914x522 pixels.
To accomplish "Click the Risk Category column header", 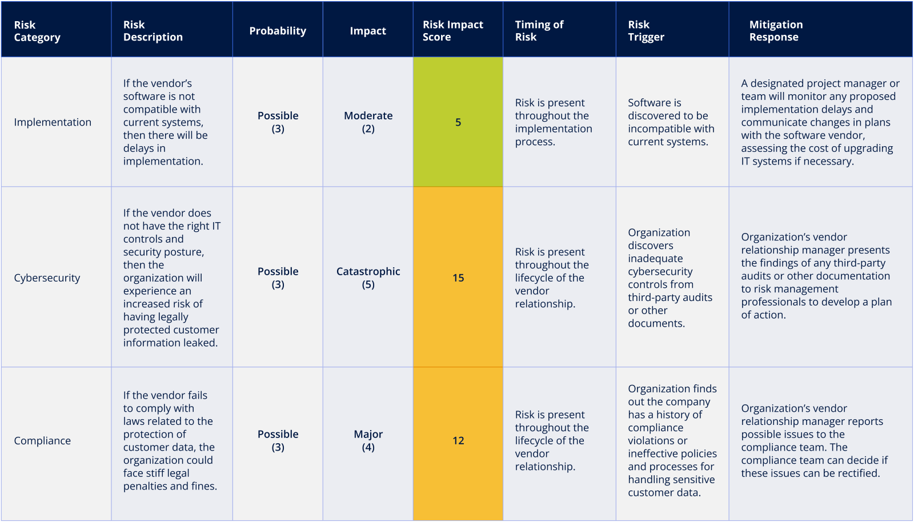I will pyautogui.click(x=37, y=31).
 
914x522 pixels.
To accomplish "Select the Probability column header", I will pyautogui.click(x=278, y=31).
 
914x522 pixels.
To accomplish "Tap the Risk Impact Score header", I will pyautogui.click(x=452, y=31).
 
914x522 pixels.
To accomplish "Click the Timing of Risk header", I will pyautogui.click(x=539, y=31).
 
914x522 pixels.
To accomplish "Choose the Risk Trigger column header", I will pyautogui.click(x=646, y=31).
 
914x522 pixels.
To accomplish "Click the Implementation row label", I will pyautogui.click(x=53, y=122).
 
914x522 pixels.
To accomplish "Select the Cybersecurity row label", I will pyautogui.click(x=47, y=278).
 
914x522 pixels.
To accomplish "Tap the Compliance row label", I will pyautogui.click(x=42, y=441).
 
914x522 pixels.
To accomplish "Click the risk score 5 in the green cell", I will pyautogui.click(x=458, y=122).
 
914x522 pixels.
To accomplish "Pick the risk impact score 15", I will pyautogui.click(x=458, y=278).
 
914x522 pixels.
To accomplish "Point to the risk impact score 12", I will pyautogui.click(x=458, y=441).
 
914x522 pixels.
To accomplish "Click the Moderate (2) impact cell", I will pyautogui.click(x=368, y=122).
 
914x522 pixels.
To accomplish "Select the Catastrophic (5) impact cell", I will pyautogui.click(x=368, y=278).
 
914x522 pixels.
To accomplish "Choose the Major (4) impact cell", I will pyautogui.click(x=368, y=441).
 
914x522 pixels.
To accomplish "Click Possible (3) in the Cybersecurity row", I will pyautogui.click(x=278, y=278).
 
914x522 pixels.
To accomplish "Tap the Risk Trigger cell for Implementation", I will pyautogui.click(x=671, y=122).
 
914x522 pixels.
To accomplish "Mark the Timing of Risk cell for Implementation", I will pyautogui.click(x=553, y=122).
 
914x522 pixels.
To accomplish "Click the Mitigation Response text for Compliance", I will pyautogui.click(x=814, y=441).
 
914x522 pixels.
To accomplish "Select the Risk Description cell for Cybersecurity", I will pyautogui.click(x=171, y=278).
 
